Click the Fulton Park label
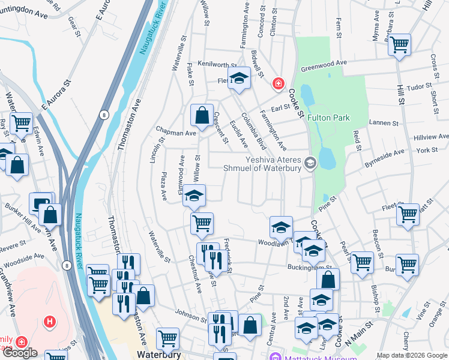(328, 118)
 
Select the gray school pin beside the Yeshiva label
(310, 163)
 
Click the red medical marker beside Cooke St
(277, 84)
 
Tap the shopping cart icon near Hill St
(399, 44)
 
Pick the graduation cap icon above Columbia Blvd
(239, 79)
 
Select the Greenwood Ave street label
(325, 64)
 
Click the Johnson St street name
(191, 312)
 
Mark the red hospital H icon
(49, 322)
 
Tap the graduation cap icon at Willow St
(194, 195)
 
